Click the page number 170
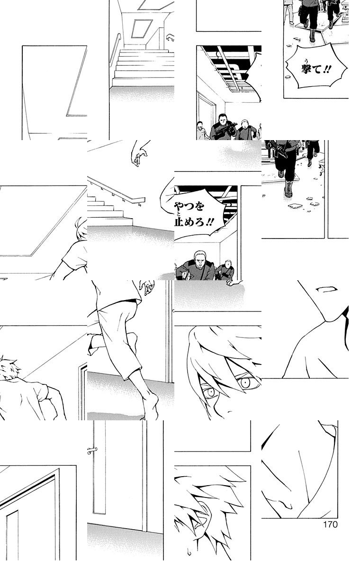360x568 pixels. click(330, 524)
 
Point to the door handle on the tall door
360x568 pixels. click(92, 451)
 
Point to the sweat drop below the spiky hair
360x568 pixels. click(188, 550)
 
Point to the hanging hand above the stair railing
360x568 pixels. click(139, 155)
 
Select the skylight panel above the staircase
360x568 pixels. click(142, 29)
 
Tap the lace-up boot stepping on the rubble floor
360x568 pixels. click(288, 189)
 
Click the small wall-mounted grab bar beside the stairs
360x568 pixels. click(170, 37)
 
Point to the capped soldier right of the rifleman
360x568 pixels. click(244, 129)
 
